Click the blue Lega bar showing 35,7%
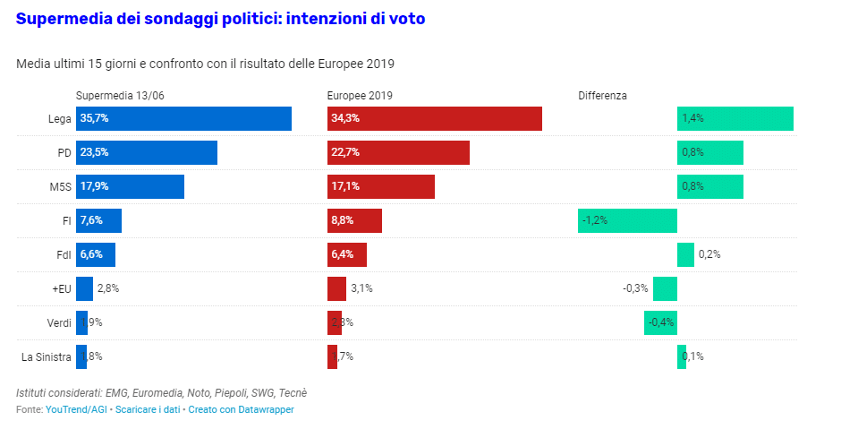183,118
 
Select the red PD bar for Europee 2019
398,152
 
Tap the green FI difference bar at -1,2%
627,220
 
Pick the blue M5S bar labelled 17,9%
130,186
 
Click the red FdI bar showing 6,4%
347,254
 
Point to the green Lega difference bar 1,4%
735,118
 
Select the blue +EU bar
84,288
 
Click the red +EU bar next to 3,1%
336,288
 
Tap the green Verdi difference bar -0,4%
660,322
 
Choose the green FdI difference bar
685,254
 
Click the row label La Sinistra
47,356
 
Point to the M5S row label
60,186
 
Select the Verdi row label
59,322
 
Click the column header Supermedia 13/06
119,95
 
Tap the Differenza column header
602,95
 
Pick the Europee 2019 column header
360,95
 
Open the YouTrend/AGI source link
76,409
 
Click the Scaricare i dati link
148,409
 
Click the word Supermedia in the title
63,18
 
